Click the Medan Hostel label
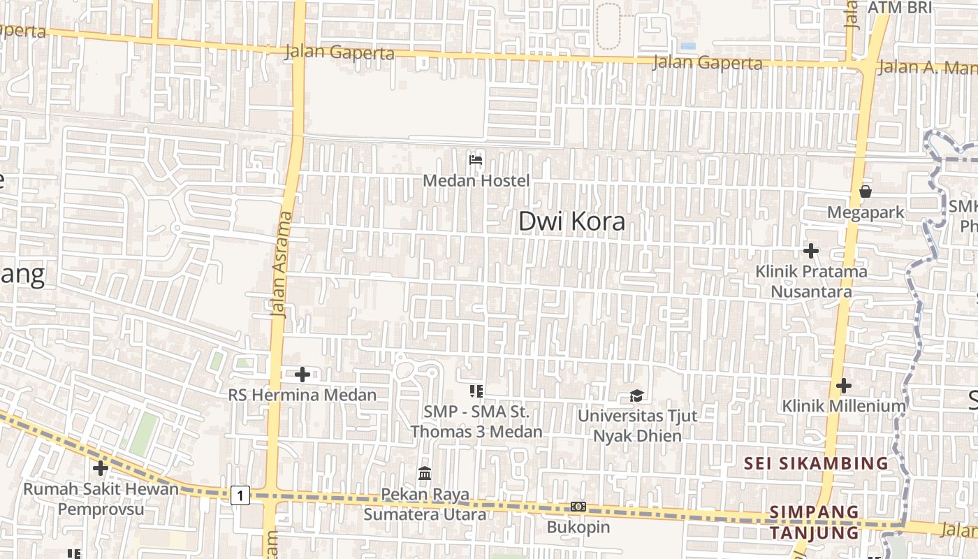pyautogui.click(x=476, y=181)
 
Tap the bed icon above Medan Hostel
pyautogui.click(x=476, y=160)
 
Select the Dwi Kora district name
pyautogui.click(x=571, y=222)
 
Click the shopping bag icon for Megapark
pyautogui.click(x=866, y=191)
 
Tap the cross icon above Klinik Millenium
pyautogui.click(x=844, y=385)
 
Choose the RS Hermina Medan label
pyautogui.click(x=302, y=395)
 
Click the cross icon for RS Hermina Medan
pyautogui.click(x=302, y=375)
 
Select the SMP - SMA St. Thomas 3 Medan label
pyautogui.click(x=476, y=421)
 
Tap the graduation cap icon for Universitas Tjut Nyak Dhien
pyautogui.click(x=636, y=396)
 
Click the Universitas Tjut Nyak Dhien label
pyautogui.click(x=636, y=426)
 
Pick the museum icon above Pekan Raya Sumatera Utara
pyautogui.click(x=424, y=474)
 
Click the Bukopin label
pyautogui.click(x=578, y=527)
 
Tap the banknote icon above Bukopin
pyautogui.click(x=578, y=507)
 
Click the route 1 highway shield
pyautogui.click(x=240, y=496)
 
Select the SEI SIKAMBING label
pyautogui.click(x=815, y=463)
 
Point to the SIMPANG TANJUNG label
pyautogui.click(x=814, y=522)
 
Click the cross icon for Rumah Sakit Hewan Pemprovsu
pyautogui.click(x=101, y=468)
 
